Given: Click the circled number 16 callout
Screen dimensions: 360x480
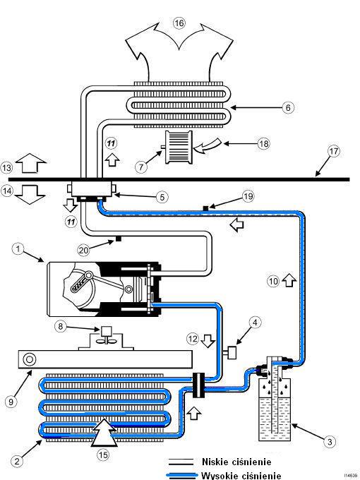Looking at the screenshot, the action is [x=179, y=23].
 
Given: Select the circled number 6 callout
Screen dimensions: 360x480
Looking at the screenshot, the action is [x=288, y=107].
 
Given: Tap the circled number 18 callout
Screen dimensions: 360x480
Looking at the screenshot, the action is [x=264, y=143].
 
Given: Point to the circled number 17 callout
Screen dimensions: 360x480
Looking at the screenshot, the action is [x=334, y=151].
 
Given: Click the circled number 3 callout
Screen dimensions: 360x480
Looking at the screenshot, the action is [x=330, y=442].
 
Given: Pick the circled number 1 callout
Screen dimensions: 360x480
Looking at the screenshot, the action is [x=18, y=248].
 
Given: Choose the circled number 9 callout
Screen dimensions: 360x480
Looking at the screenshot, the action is [x=11, y=402].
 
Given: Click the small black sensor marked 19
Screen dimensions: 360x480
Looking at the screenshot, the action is [x=205, y=208].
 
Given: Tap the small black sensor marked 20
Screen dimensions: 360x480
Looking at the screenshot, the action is [x=118, y=239].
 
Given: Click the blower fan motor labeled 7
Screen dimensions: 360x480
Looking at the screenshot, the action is [x=179, y=148].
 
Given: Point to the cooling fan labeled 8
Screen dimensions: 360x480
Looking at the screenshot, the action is [x=106, y=335].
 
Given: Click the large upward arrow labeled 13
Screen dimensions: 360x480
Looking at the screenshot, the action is [x=30, y=163].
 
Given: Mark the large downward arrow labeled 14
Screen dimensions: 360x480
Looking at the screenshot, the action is [x=30, y=195].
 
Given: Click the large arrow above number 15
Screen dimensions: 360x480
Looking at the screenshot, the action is [x=104, y=432].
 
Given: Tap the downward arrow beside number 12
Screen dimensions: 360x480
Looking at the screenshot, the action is [x=208, y=340].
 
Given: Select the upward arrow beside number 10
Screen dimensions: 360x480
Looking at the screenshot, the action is [x=289, y=280].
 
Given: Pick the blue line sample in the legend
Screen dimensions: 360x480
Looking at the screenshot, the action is [x=182, y=475].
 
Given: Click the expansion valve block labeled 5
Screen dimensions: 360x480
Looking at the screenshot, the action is [x=91, y=189].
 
